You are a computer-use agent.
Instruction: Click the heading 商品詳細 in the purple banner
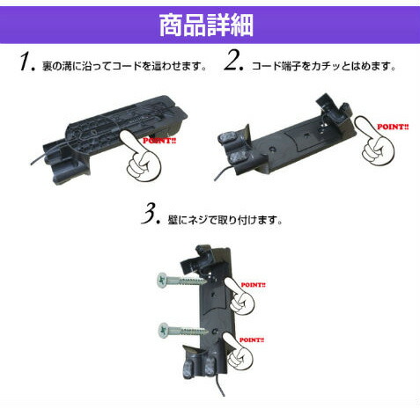tap(206, 26)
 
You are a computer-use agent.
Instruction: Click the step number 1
tap(27, 62)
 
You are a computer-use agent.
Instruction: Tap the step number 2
tap(234, 61)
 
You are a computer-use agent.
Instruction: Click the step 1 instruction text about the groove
tap(124, 66)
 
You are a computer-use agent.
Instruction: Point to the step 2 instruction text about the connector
tap(324, 66)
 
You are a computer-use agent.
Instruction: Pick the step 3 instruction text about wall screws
tap(225, 220)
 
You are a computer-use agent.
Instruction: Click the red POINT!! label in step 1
tap(159, 141)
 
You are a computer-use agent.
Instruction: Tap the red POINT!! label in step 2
tap(393, 127)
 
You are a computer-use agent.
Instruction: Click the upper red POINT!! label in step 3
tap(253, 285)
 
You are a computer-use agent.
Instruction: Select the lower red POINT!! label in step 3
tap(252, 340)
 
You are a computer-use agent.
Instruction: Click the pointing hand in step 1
tap(140, 157)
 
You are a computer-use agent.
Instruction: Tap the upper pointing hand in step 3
tap(239, 296)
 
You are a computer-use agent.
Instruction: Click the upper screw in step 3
tap(182, 281)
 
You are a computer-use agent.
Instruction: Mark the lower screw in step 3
tap(182, 331)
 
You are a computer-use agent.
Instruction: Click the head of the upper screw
tap(162, 280)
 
